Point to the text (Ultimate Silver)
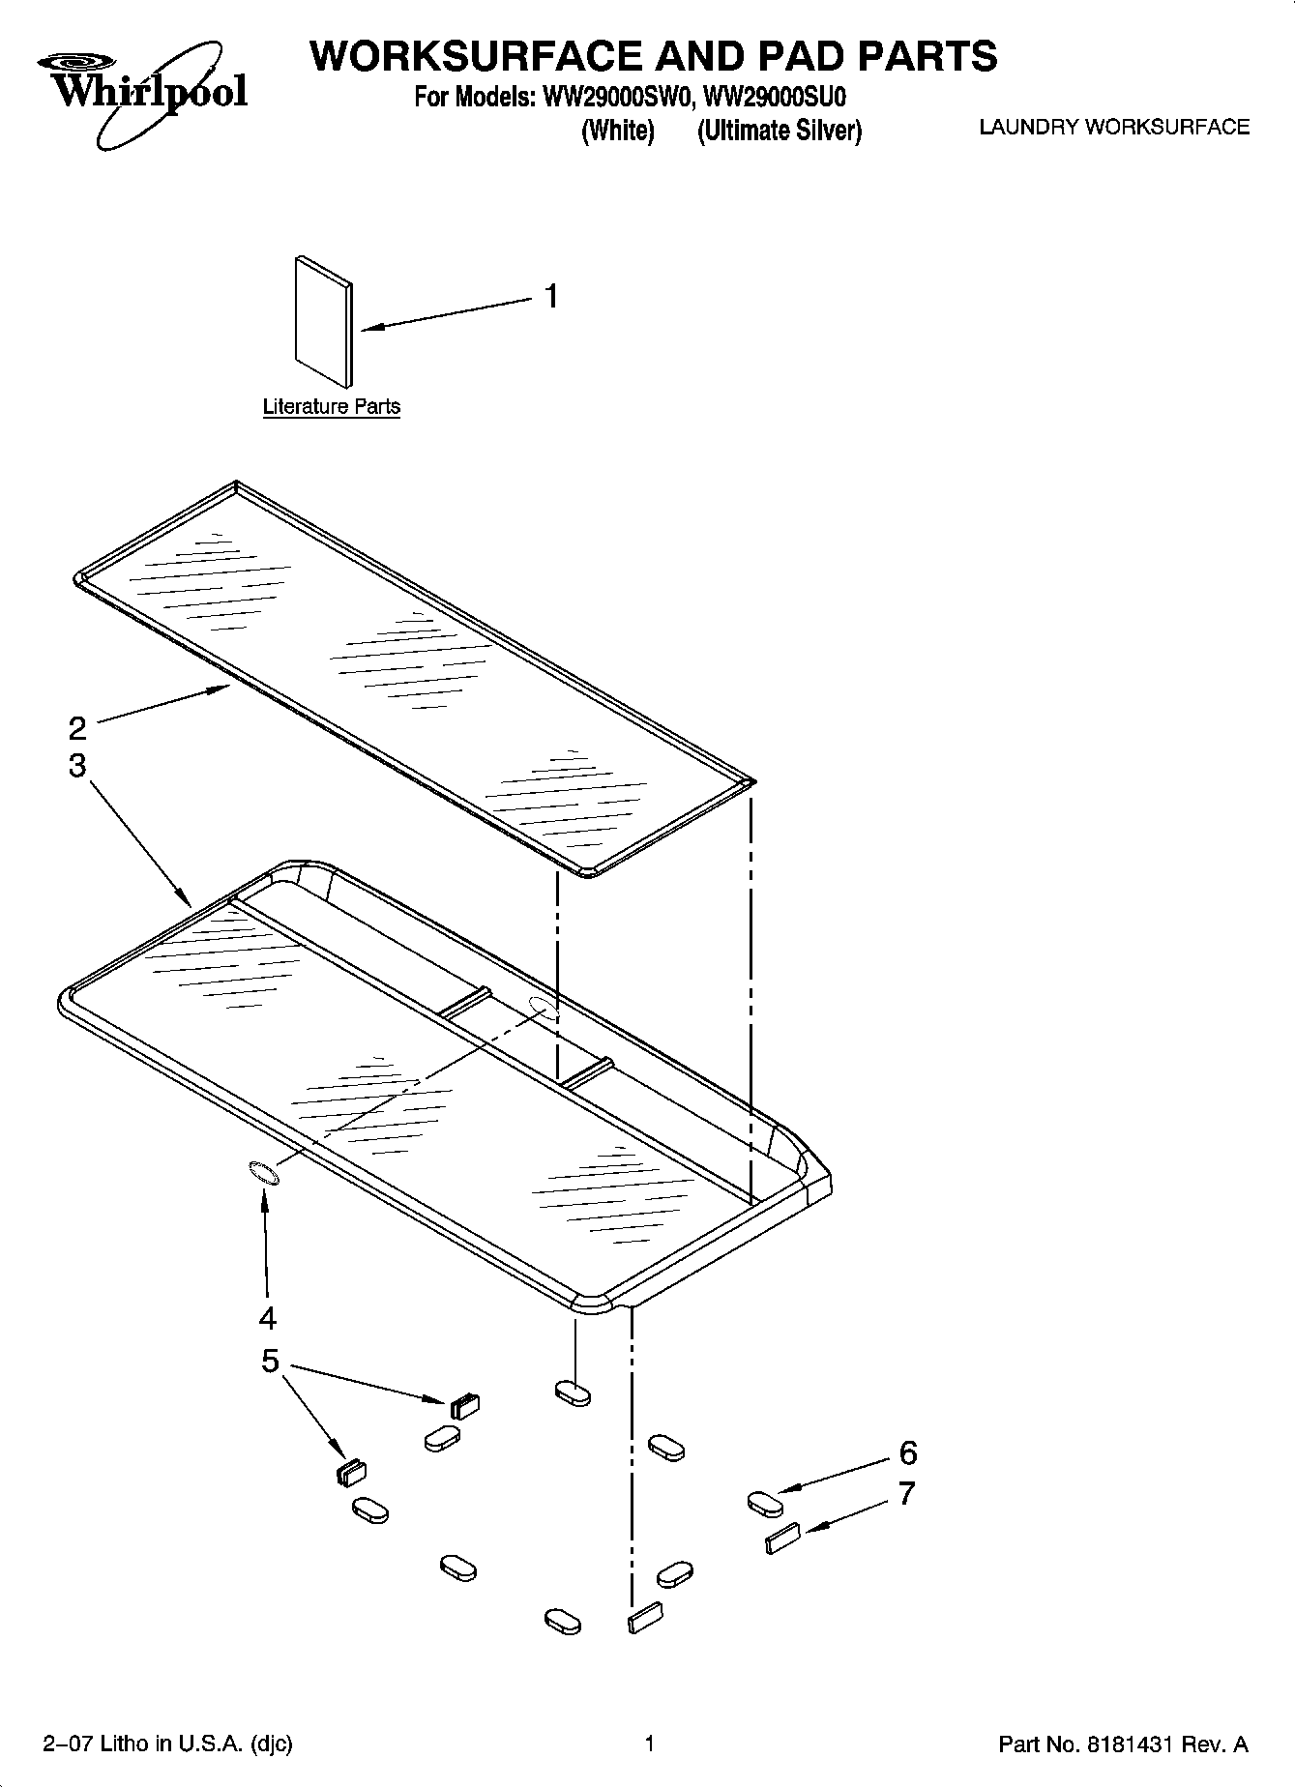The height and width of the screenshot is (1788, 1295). click(x=779, y=131)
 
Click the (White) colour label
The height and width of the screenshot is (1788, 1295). click(x=617, y=131)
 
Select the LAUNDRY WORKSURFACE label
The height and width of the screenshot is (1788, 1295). click(x=1114, y=128)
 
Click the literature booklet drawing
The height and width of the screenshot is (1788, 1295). click(x=323, y=321)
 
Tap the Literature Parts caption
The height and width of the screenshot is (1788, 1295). click(x=331, y=407)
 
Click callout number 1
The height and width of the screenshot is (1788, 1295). click(x=550, y=296)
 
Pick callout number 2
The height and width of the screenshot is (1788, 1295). click(x=77, y=727)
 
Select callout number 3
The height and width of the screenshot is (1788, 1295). click(x=77, y=766)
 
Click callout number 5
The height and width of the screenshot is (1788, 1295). click(x=270, y=1362)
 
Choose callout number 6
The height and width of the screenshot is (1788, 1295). click(x=907, y=1452)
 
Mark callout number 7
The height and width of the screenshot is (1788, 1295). click(x=906, y=1494)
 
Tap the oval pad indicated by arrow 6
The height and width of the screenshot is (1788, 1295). click(x=764, y=1504)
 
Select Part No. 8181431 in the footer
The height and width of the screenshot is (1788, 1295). click(x=1122, y=1745)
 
